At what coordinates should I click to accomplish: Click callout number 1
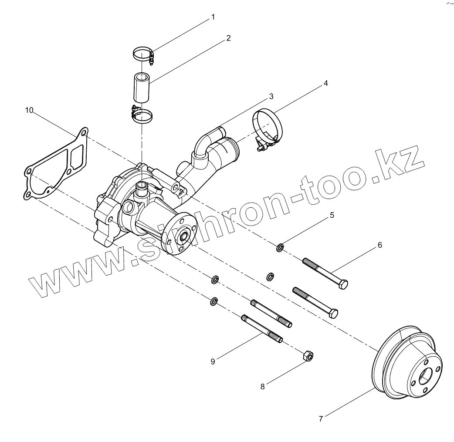click(x=213, y=17)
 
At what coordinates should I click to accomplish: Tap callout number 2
click(x=228, y=38)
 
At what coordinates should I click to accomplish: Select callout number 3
click(x=271, y=96)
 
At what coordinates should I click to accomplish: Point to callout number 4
click(x=325, y=83)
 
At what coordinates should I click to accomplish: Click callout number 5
click(x=332, y=215)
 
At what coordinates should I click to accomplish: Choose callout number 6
click(x=379, y=246)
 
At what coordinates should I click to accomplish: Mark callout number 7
click(x=321, y=419)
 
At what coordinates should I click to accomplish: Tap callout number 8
click(x=262, y=386)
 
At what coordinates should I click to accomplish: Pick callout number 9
click(x=213, y=361)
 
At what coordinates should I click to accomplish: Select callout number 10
click(x=29, y=110)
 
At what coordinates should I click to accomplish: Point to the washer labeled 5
click(x=281, y=248)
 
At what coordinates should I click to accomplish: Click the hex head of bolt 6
click(x=343, y=285)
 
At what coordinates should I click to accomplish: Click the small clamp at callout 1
click(x=142, y=55)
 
